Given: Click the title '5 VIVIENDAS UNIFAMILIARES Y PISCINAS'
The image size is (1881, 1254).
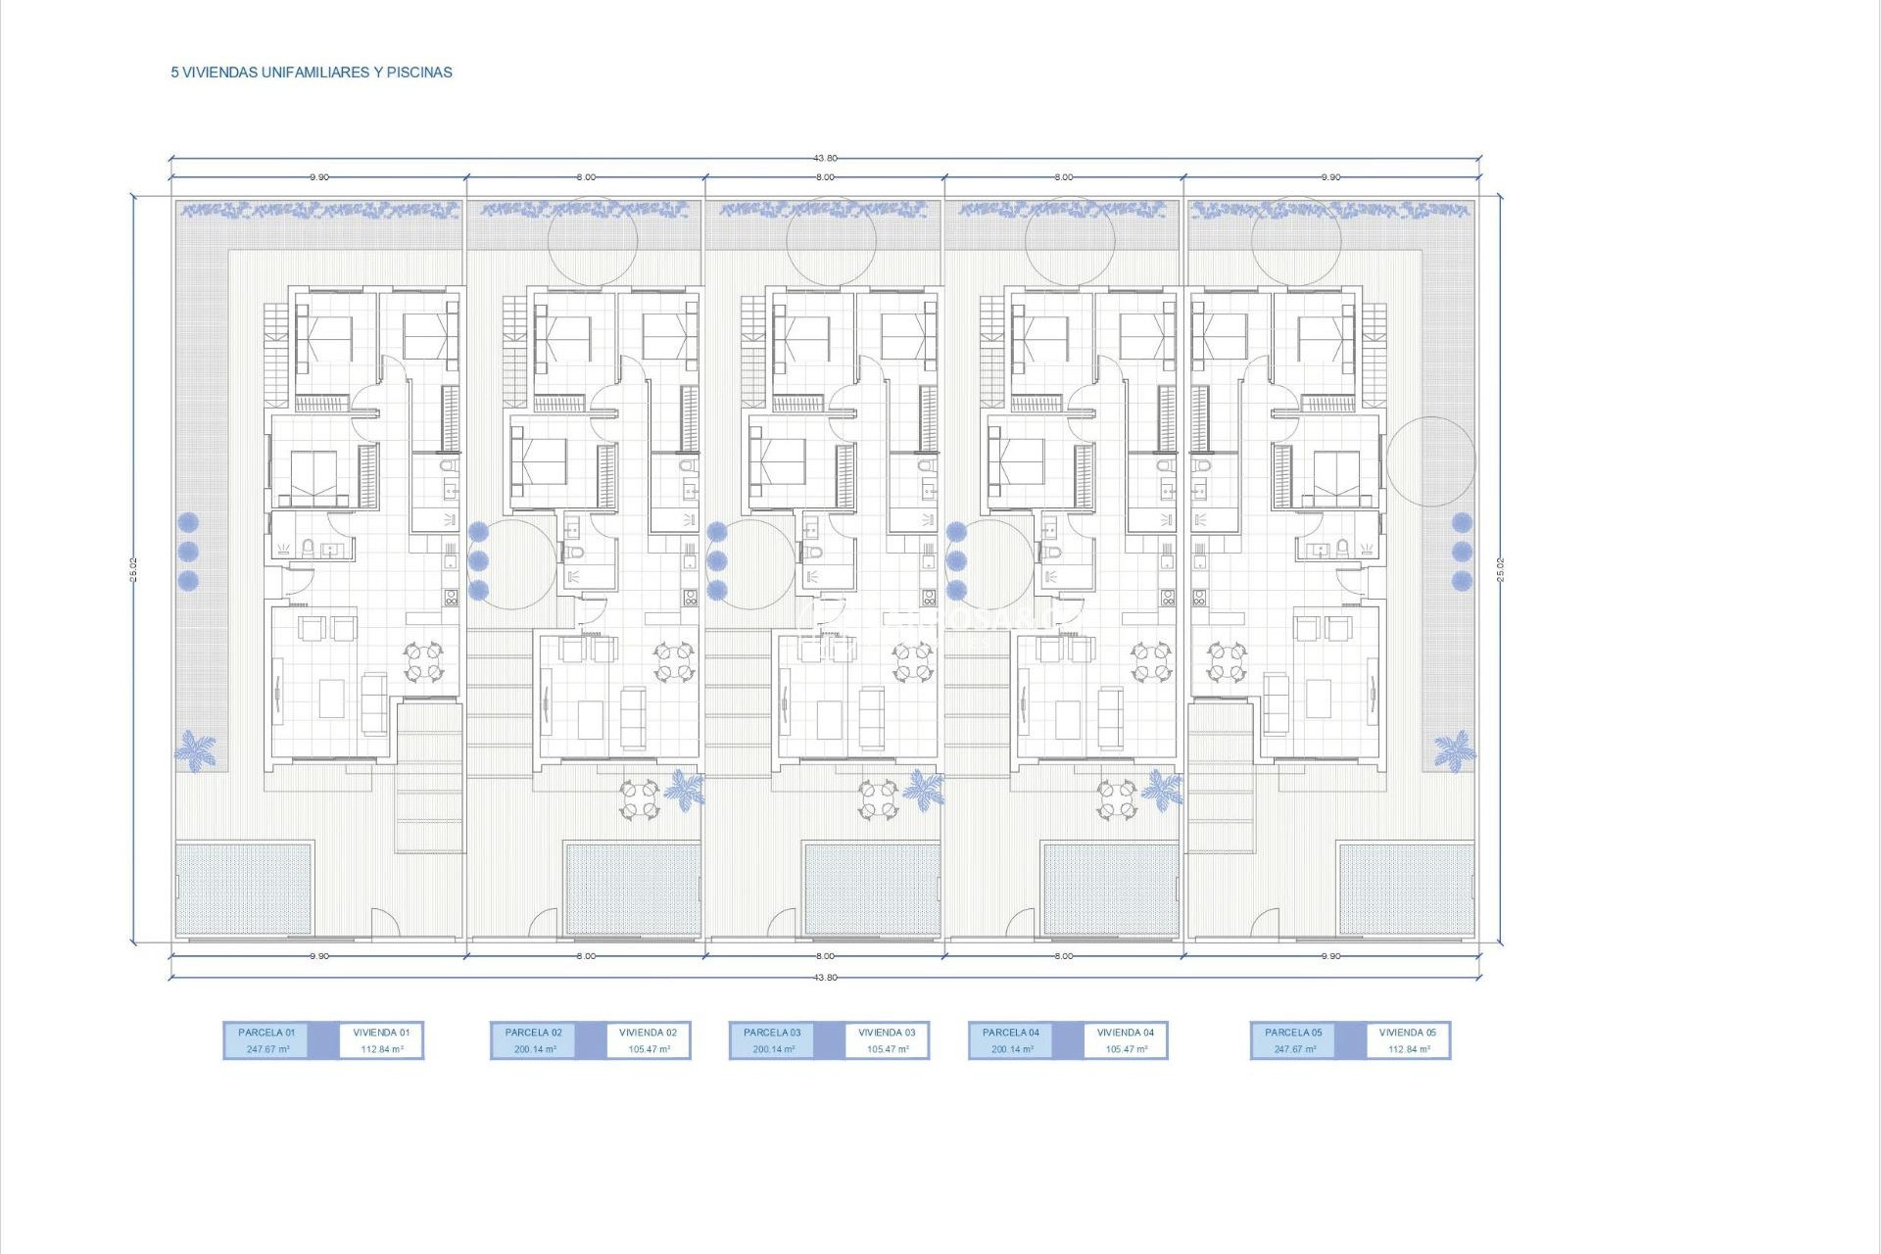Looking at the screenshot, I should [x=312, y=72].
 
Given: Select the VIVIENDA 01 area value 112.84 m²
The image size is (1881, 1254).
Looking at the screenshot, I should [x=382, y=1049].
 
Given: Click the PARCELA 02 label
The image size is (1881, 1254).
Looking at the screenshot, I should [x=534, y=1033].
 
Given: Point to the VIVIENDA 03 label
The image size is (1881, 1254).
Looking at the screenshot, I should [x=887, y=1033].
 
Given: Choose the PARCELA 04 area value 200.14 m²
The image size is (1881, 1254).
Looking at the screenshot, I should [x=1012, y=1049].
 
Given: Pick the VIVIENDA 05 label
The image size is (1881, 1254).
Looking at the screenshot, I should [x=1408, y=1033].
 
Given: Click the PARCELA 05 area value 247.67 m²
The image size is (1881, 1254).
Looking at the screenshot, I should [x=1294, y=1049].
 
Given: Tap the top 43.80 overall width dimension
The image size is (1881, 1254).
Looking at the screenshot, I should [x=825, y=158].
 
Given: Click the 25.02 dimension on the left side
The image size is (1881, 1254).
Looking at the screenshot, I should [x=133, y=569].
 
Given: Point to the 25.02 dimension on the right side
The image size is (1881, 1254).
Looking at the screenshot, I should [x=1500, y=569].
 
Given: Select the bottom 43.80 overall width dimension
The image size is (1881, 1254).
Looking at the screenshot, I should [x=825, y=978].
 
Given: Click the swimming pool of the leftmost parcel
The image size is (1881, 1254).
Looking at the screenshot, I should [x=244, y=889].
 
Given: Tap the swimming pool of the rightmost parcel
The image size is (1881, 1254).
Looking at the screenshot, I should [x=1406, y=889].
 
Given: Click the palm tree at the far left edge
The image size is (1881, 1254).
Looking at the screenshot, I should [x=196, y=750].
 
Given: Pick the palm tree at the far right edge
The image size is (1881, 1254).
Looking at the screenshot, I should [x=1455, y=750].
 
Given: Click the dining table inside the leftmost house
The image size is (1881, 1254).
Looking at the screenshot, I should [x=424, y=661].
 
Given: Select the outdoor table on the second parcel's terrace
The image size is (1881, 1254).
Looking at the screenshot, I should [x=640, y=797].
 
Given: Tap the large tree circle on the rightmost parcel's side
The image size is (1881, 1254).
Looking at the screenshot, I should [x=1430, y=461].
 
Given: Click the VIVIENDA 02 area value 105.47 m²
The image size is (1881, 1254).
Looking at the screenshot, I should [x=650, y=1049].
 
